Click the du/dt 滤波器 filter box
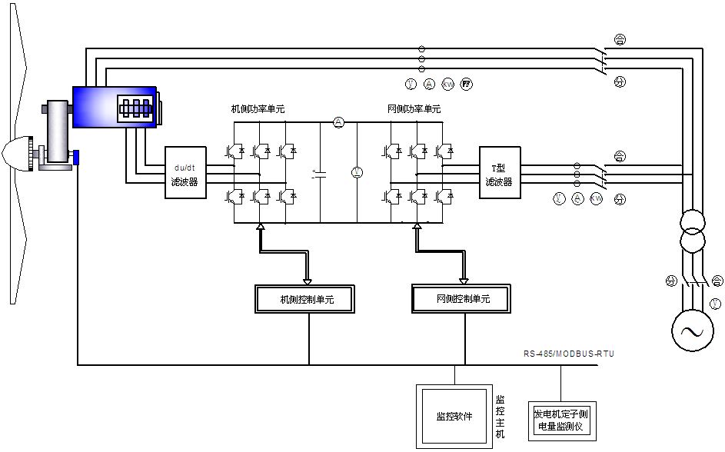coord(185,172)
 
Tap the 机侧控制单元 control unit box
coord(306,299)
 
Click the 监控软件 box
coord(454,416)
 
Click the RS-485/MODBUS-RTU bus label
coord(570,354)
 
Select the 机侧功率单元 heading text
coord(258,109)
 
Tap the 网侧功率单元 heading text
coord(414,109)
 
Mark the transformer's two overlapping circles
coord(692,233)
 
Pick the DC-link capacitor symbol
coord(320,174)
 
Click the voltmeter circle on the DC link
coord(356,172)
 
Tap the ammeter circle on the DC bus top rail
coord(338,122)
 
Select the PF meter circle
coord(466,84)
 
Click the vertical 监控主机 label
coord(500,417)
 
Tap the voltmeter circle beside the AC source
coord(716,303)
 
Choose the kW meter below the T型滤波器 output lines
coord(596,199)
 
